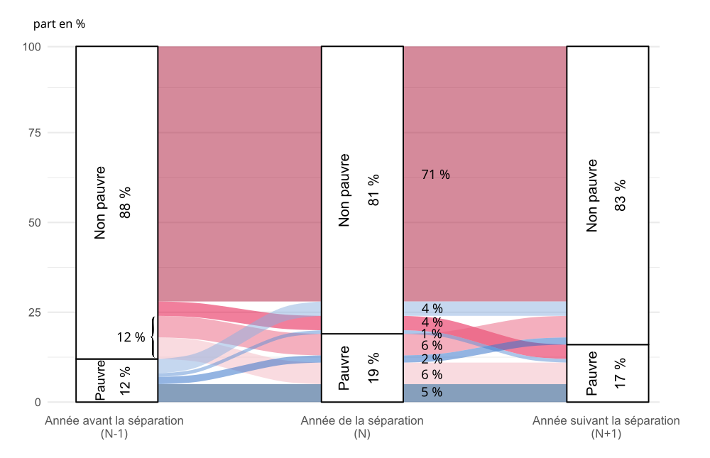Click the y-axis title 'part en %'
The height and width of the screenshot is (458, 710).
tap(59, 24)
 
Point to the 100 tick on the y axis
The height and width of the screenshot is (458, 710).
tap(32, 47)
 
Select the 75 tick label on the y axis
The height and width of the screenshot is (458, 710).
tap(35, 133)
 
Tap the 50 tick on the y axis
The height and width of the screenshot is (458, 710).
tap(35, 222)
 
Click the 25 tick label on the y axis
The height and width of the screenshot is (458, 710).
tap(35, 312)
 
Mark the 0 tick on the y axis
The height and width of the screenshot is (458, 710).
tap(38, 402)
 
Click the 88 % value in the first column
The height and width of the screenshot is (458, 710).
tap(125, 202)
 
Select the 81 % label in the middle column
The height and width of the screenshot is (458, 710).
tap(373, 190)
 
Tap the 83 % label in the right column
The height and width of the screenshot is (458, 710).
tap(620, 195)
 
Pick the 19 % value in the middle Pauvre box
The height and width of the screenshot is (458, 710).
tap(373, 368)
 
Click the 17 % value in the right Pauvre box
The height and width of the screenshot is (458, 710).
tap(620, 373)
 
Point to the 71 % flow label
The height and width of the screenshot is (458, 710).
tap(436, 175)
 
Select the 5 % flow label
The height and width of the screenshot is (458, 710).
tap(432, 392)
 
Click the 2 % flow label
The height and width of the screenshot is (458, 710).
tap(432, 359)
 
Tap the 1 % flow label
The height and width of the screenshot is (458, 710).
tap(432, 334)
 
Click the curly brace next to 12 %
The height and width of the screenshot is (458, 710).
tap(153, 337)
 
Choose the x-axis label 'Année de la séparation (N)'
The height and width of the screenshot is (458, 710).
tap(362, 427)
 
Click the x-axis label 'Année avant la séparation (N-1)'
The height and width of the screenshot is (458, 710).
tap(114, 427)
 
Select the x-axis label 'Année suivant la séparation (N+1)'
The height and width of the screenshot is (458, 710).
tap(606, 427)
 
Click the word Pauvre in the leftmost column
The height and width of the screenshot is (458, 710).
tap(101, 380)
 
